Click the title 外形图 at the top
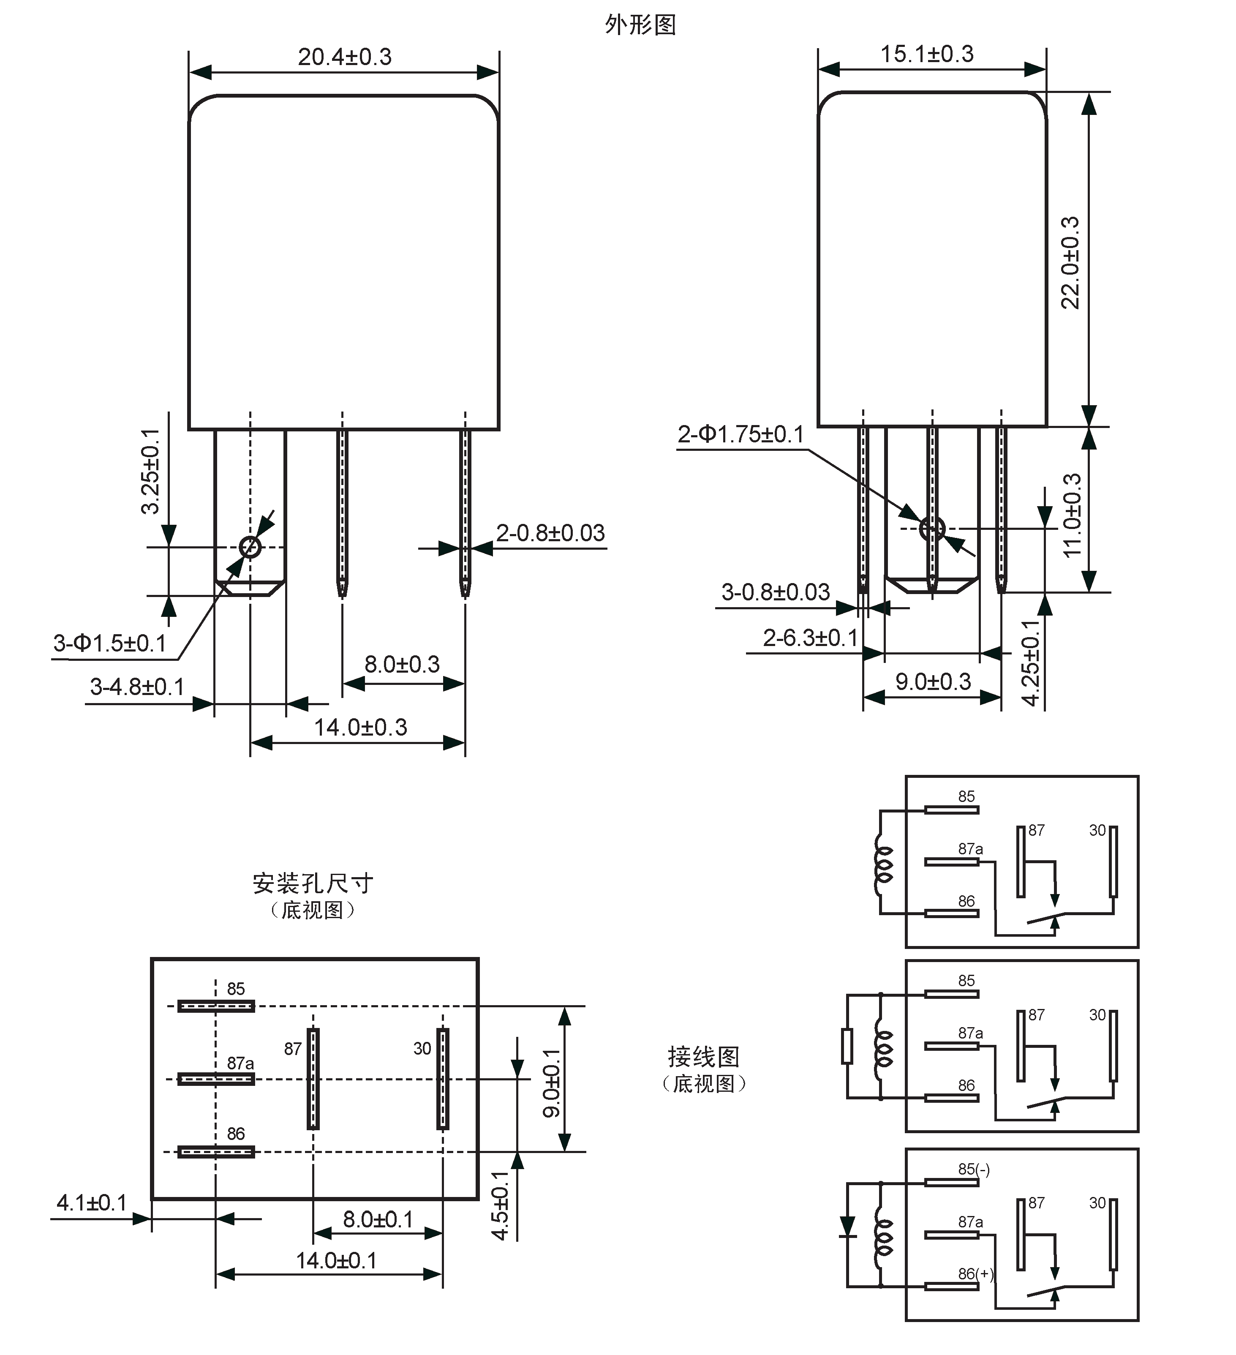(x=640, y=25)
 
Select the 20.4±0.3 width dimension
(x=344, y=57)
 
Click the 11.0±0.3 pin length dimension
(x=1072, y=515)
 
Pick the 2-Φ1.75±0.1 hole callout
(x=741, y=435)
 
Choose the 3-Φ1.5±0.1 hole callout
(x=109, y=643)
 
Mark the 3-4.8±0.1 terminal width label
(x=137, y=687)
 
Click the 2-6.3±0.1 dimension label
(x=811, y=637)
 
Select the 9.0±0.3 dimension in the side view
(x=933, y=682)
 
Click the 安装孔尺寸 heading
(x=313, y=883)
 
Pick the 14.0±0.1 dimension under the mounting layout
(x=336, y=1260)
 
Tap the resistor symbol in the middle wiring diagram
(x=847, y=1047)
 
